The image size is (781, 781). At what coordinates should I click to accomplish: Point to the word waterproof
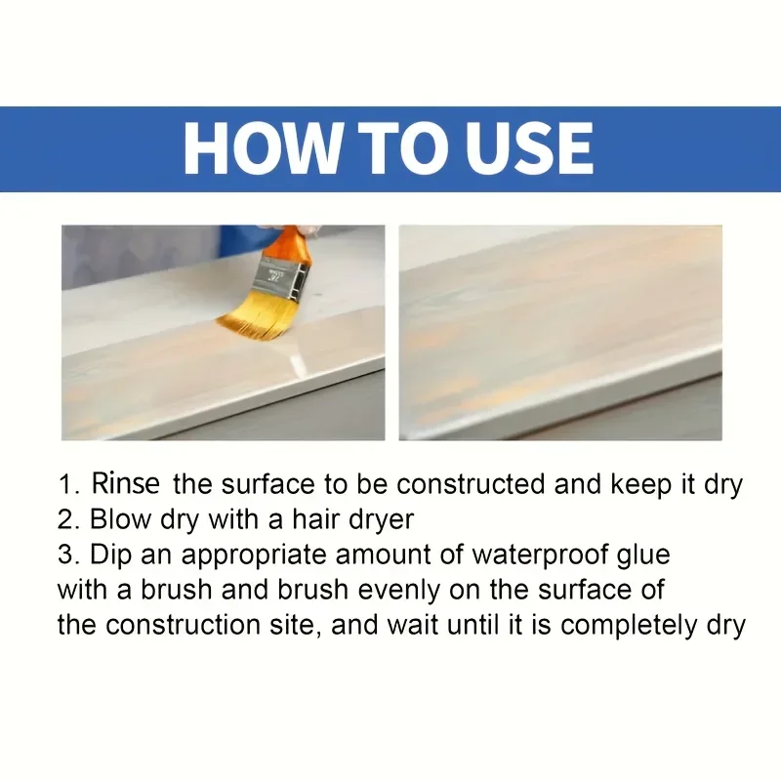pos(537,555)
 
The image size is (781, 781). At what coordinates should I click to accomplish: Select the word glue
pos(641,555)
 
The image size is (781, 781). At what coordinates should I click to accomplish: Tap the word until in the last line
pos(471,625)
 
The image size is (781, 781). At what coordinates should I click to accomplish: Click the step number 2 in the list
pos(65,519)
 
